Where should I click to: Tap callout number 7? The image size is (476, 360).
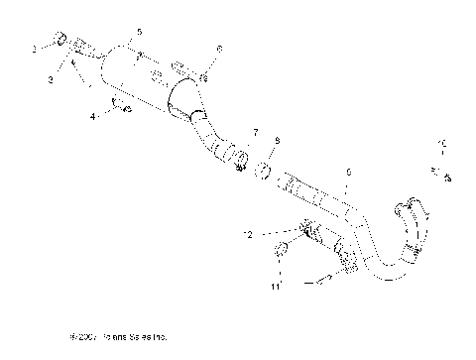255,132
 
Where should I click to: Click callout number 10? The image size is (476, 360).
443,146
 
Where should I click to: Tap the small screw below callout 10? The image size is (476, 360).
446,178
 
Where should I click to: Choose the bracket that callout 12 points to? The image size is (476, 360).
308,232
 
